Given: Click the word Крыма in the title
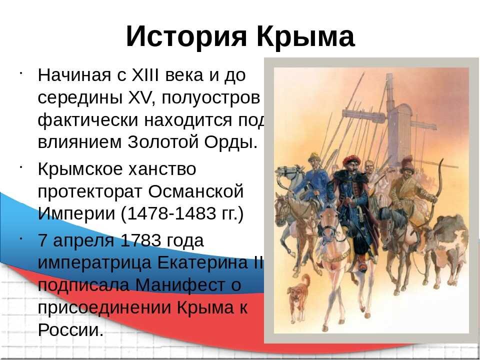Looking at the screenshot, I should pos(306,36).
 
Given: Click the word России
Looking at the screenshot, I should pos(70,329).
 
